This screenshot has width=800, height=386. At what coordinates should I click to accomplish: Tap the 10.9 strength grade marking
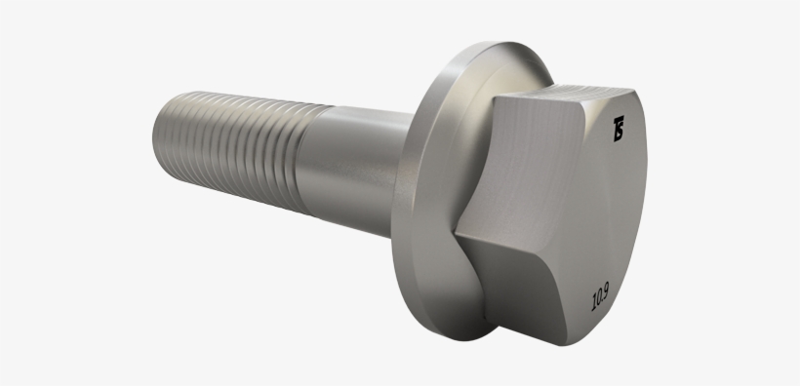[x=603, y=294]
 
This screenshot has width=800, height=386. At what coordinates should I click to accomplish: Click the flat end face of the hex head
[x=605, y=214]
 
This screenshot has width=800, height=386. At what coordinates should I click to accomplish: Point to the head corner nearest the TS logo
[x=597, y=108]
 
